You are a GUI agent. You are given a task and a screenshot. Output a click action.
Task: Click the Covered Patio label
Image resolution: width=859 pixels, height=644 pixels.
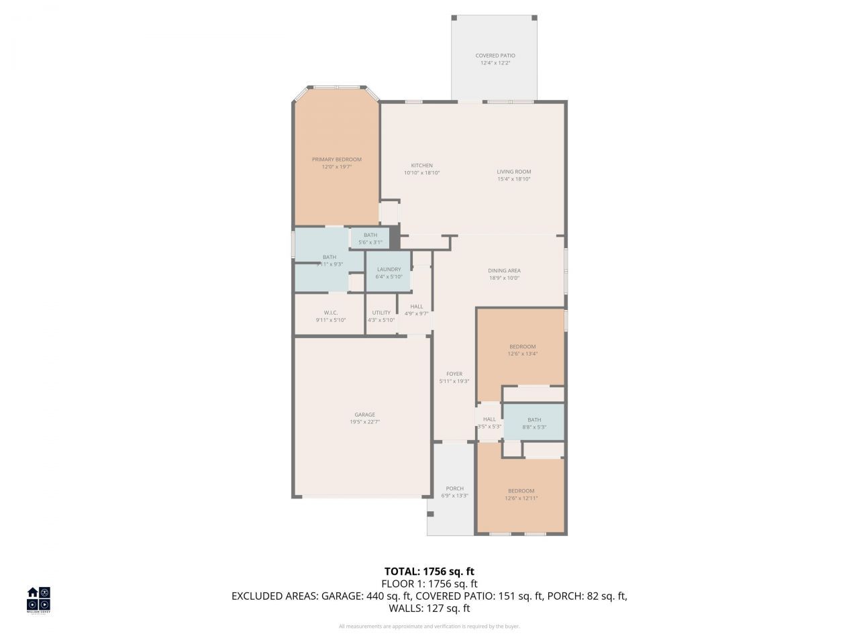pos(495,56)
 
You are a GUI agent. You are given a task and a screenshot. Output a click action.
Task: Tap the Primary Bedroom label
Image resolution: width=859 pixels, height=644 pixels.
pos(336,160)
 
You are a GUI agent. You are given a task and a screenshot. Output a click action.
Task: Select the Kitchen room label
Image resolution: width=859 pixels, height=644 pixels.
pos(421,166)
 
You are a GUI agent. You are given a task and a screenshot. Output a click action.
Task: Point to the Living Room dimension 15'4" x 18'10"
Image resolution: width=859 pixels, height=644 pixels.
pos(513,179)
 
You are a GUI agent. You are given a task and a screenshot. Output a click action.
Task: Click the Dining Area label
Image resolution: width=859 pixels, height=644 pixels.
pos(504,271)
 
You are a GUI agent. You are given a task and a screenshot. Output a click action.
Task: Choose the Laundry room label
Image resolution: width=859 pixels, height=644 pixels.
pos(389,270)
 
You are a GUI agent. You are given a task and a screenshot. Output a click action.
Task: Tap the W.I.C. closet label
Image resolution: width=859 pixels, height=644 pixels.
pos(330,313)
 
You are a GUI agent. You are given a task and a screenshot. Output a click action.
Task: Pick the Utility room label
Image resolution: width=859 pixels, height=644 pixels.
pos(381,313)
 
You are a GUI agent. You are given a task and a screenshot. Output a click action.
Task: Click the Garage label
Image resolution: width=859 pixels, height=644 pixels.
pos(364,415)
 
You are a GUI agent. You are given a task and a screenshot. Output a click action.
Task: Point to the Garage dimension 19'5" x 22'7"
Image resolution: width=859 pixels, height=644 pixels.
pos(364,422)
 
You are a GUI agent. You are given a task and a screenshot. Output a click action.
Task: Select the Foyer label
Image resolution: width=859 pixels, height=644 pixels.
pos(454,374)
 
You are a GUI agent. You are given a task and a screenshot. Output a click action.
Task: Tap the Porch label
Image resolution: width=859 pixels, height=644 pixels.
pos(454,488)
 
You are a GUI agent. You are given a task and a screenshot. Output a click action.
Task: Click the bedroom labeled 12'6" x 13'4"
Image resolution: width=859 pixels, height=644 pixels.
pos(522,350)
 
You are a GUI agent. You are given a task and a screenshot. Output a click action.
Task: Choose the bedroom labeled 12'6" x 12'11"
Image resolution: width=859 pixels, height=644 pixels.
pos(521,494)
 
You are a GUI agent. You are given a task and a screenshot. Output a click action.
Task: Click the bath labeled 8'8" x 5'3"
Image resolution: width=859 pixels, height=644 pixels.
pos(534,423)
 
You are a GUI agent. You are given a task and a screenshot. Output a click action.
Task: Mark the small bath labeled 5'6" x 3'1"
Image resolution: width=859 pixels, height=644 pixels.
pos(370,239)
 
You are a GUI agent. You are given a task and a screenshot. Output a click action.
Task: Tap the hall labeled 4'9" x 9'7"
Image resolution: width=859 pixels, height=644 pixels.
pos(416,310)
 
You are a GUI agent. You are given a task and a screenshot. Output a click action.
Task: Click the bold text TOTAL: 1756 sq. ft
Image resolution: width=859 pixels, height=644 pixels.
pos(429,572)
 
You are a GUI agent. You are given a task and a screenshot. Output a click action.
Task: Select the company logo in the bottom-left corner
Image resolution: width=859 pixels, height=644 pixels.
pos(38,599)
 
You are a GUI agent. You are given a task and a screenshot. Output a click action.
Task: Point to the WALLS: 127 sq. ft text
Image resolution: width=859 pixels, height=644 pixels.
pos(429,608)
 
